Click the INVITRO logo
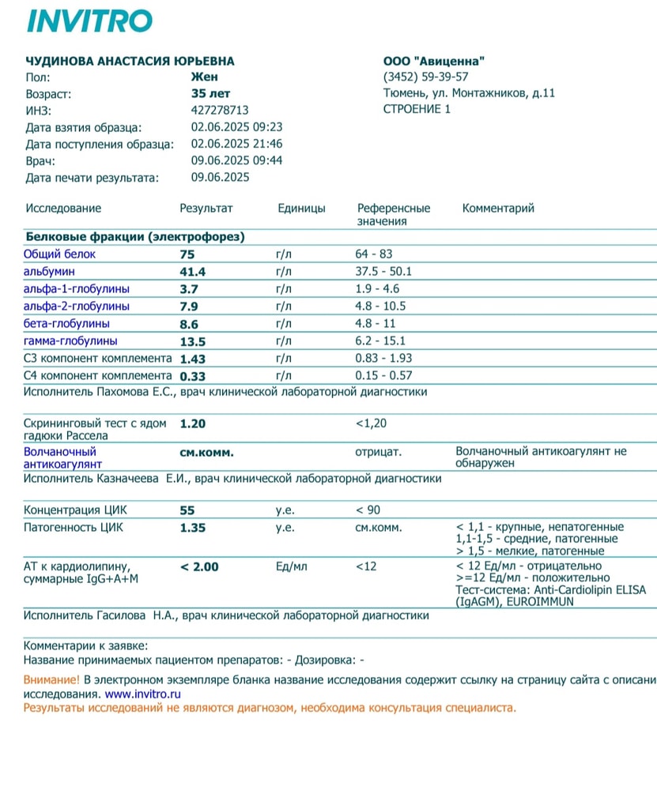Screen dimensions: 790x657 click(89, 21)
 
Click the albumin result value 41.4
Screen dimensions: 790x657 click(194, 272)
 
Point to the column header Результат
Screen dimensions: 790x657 click(206, 209)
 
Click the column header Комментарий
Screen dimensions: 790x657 click(498, 209)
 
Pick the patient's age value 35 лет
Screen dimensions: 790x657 click(205, 93)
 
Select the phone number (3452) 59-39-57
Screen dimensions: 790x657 click(425, 77)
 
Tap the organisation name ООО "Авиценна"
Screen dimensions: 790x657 click(434, 61)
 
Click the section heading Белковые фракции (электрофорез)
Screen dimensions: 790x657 click(135, 236)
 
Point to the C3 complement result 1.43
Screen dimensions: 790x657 click(194, 359)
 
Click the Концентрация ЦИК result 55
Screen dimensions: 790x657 click(187, 510)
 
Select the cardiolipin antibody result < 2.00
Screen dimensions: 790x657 click(200, 566)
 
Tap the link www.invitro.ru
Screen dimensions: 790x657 click(142, 694)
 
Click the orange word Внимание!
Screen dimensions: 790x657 click(52, 679)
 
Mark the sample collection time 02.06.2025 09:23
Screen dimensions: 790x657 click(237, 126)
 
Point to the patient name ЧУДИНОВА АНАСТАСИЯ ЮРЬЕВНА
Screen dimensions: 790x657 click(130, 61)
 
